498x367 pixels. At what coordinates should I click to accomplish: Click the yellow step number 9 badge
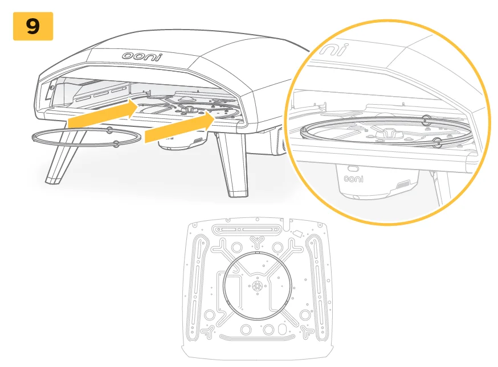(x=33, y=26)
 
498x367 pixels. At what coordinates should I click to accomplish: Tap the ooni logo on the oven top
(x=142, y=56)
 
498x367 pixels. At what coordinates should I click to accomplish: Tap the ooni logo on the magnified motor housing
(x=353, y=179)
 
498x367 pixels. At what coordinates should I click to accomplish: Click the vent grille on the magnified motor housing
(x=403, y=184)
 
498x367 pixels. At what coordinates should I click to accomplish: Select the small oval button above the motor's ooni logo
(x=353, y=168)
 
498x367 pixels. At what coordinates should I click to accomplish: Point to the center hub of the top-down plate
(x=256, y=286)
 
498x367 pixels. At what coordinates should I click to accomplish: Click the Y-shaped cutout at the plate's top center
(x=257, y=242)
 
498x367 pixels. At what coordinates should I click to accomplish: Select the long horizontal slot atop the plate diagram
(x=246, y=229)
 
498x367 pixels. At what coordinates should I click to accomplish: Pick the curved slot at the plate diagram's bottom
(x=256, y=337)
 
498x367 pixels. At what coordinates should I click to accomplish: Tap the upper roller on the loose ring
(x=109, y=130)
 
